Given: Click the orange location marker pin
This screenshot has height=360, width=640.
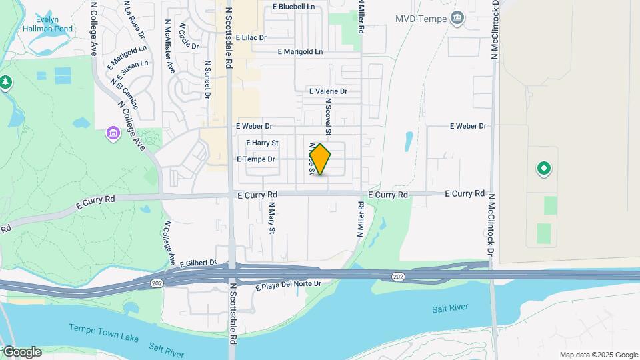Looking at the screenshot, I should (320, 159).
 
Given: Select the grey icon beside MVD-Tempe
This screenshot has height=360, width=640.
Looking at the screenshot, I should (457, 17).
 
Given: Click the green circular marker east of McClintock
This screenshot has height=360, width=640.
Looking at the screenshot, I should (543, 169).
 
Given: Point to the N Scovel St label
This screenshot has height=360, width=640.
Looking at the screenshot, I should (328, 111).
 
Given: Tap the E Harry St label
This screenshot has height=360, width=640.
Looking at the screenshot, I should (262, 143).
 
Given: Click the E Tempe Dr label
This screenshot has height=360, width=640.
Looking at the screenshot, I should (256, 159).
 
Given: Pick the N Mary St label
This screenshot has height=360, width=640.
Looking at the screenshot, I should (271, 220).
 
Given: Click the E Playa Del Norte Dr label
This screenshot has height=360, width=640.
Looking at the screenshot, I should (289, 284).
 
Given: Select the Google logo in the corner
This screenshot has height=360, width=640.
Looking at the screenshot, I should (21, 352).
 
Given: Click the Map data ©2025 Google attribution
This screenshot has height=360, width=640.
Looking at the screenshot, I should (599, 355).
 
